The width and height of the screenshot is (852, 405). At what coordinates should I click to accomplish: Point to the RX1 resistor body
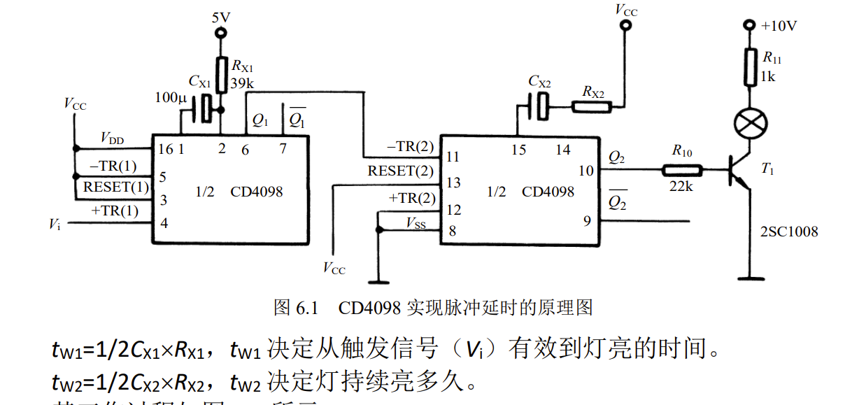tap(222, 72)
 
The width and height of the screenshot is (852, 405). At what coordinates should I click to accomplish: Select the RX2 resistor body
tap(592, 107)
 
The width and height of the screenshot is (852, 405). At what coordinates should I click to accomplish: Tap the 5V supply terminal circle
tap(222, 33)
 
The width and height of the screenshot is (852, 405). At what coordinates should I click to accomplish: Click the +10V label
tap(779, 26)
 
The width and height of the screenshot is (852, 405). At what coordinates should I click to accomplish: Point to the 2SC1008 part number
tap(788, 232)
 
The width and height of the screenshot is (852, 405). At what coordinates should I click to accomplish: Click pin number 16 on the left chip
tap(165, 148)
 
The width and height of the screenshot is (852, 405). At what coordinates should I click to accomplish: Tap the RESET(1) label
tap(116, 187)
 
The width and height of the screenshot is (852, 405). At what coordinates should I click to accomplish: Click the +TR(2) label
tap(411, 198)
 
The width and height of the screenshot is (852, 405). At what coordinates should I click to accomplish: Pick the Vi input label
tap(55, 224)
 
